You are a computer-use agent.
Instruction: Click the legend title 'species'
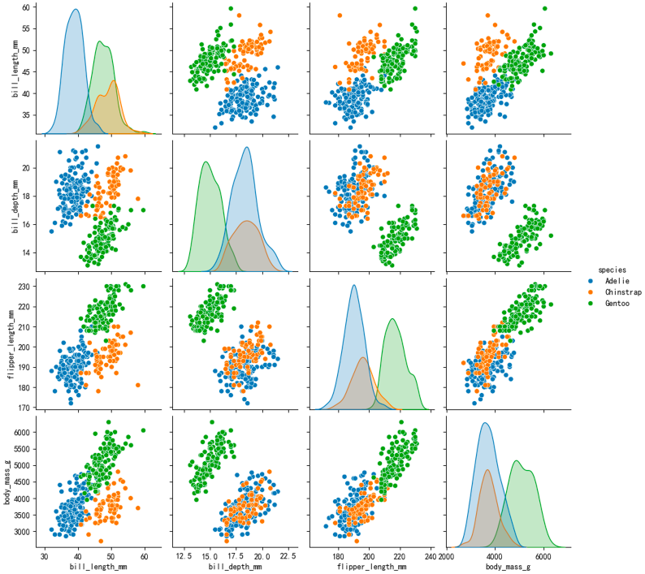click(x=612, y=269)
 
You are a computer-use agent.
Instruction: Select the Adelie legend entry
click(x=616, y=280)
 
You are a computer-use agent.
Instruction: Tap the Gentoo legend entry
click(x=616, y=302)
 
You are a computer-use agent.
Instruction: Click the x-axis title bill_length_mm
click(x=100, y=567)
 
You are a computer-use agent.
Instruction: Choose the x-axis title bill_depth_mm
click(x=236, y=567)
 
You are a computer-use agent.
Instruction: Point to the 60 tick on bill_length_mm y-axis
click(x=27, y=7)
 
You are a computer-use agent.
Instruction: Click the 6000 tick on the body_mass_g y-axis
click(x=22, y=434)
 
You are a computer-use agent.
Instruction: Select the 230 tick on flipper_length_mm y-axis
click(x=24, y=287)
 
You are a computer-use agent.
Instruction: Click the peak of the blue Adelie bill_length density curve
click(x=76, y=10)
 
